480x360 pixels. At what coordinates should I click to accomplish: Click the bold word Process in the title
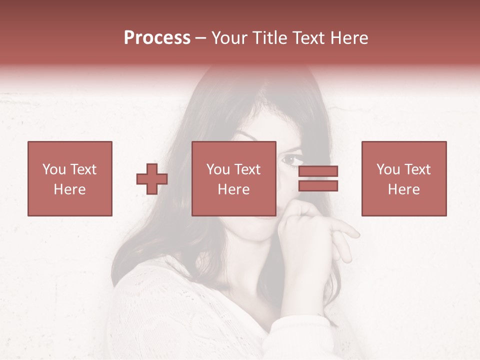(157, 38)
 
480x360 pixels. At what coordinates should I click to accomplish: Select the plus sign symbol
(152, 179)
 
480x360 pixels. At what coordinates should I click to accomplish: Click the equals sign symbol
(318, 178)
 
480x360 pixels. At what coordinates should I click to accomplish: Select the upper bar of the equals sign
(318, 171)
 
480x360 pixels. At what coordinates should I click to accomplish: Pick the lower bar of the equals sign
(318, 186)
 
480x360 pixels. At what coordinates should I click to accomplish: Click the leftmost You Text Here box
(70, 178)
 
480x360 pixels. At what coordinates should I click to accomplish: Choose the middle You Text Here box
(234, 178)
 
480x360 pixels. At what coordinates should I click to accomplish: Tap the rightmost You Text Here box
(404, 178)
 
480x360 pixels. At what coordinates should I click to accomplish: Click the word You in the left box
(53, 169)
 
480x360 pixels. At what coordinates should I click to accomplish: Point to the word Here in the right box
(404, 189)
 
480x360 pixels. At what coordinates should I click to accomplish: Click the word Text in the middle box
(247, 169)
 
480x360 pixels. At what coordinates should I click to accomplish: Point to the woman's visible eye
(291, 160)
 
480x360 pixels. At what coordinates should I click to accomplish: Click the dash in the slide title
(200, 38)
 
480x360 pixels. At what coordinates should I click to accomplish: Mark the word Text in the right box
(417, 169)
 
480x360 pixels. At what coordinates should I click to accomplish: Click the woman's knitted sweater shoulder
(150, 295)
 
